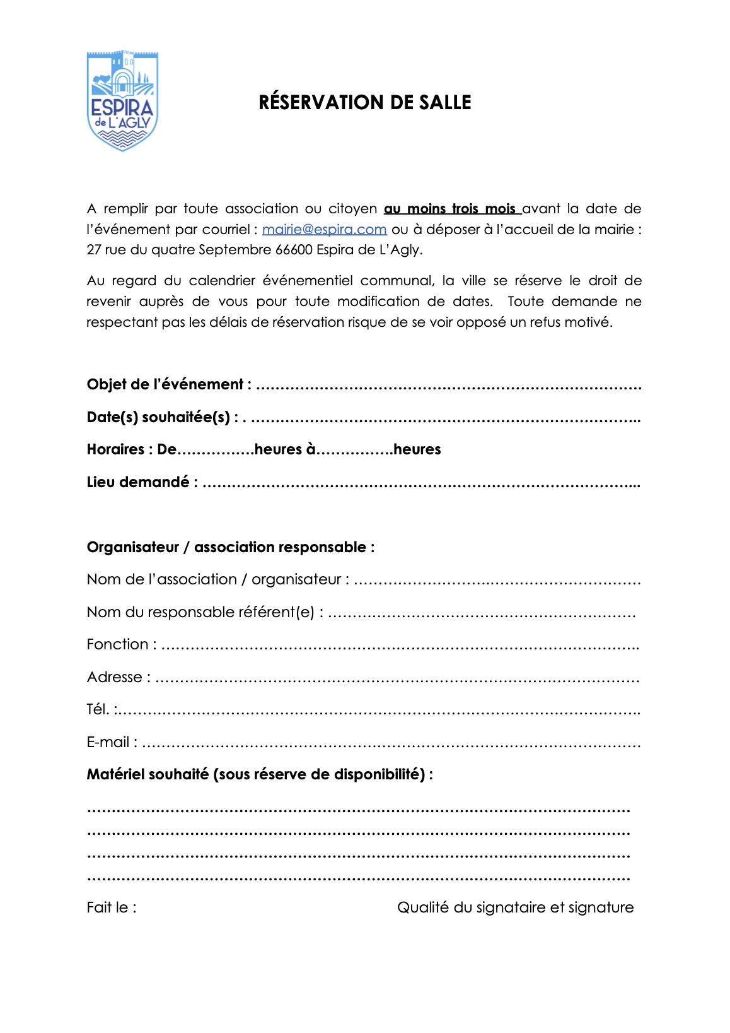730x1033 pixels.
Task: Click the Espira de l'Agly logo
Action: tap(122, 101)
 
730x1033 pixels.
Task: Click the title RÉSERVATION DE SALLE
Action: tap(364, 102)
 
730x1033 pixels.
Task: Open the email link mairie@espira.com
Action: tap(324, 230)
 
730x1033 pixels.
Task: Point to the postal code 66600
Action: tap(294, 250)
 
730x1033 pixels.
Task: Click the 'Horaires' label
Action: tap(116, 449)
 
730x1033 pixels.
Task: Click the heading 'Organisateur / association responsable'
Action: tap(230, 547)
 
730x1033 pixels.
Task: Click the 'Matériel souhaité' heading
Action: tap(259, 774)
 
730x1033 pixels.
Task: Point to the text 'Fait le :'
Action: tap(112, 907)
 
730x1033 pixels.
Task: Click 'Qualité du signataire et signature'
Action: tap(515, 907)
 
